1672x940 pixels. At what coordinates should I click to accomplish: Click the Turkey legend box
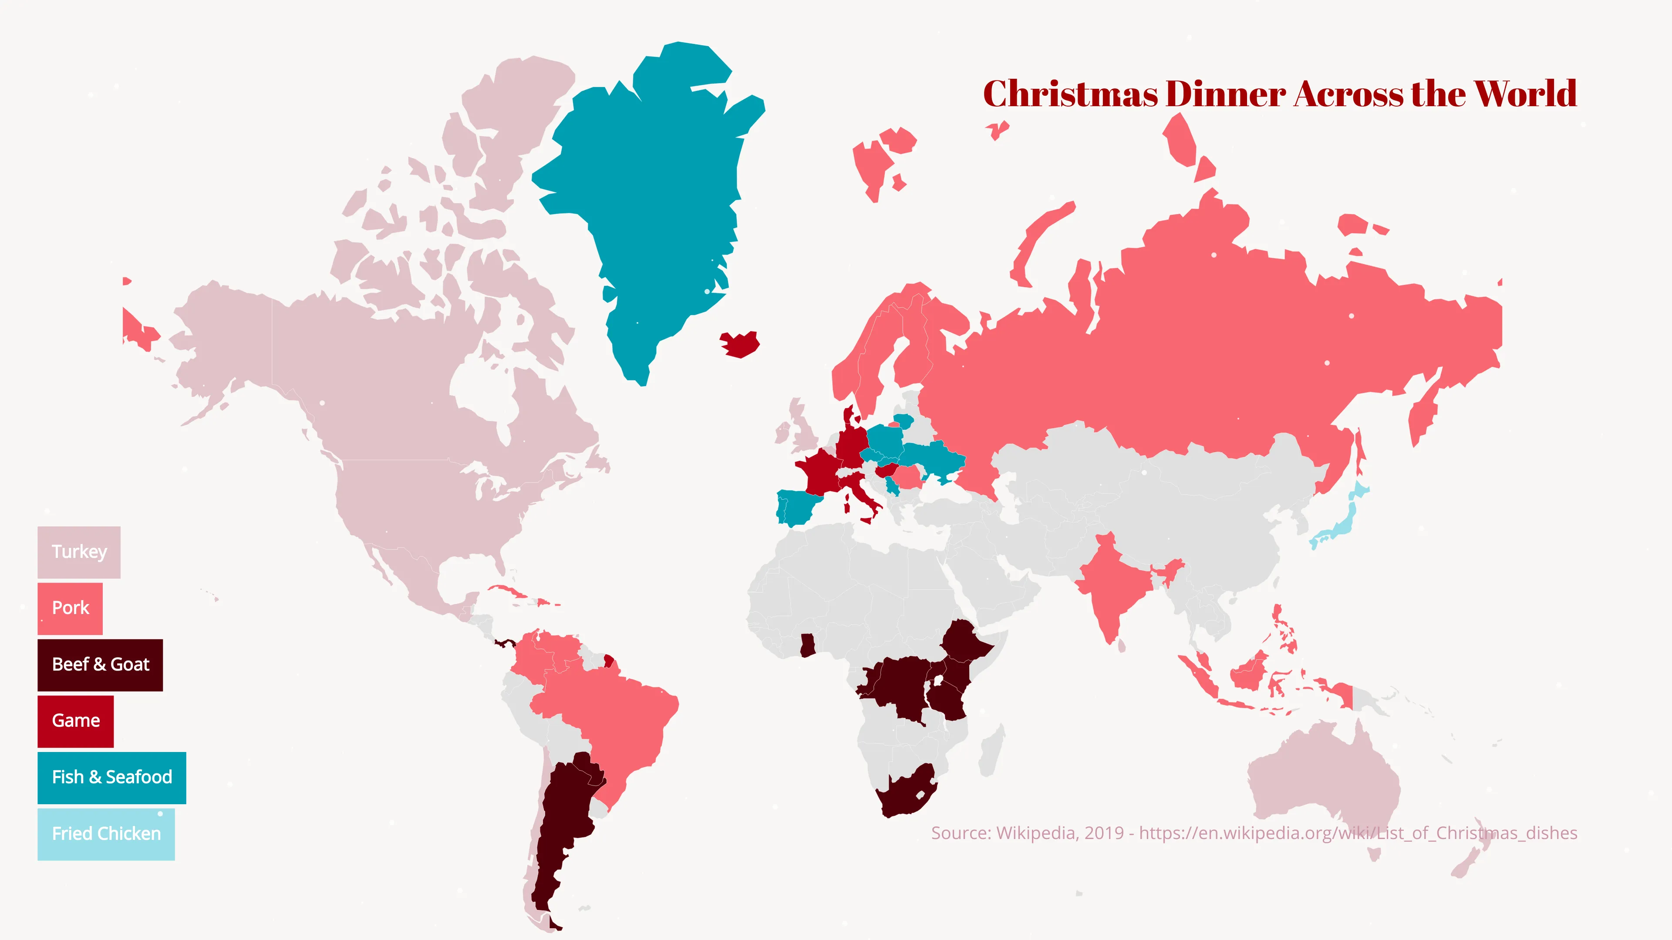click(78, 552)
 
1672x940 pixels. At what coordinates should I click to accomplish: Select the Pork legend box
click(70, 608)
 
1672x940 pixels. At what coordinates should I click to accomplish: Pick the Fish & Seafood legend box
click(111, 778)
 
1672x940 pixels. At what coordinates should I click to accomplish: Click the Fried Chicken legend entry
click(106, 834)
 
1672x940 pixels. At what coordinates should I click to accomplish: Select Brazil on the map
click(617, 714)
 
